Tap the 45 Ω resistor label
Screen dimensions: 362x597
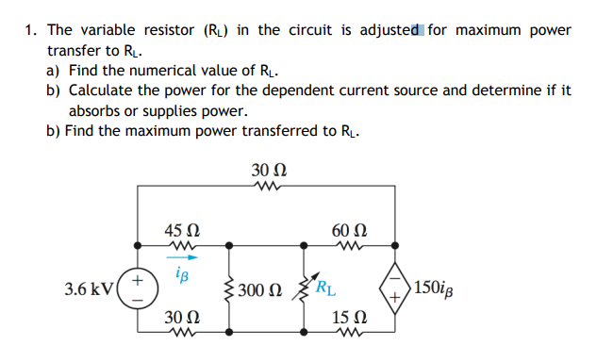point(181,230)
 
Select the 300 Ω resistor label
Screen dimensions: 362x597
point(258,288)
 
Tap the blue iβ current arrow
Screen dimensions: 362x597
point(181,255)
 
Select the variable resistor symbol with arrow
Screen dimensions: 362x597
point(304,288)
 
